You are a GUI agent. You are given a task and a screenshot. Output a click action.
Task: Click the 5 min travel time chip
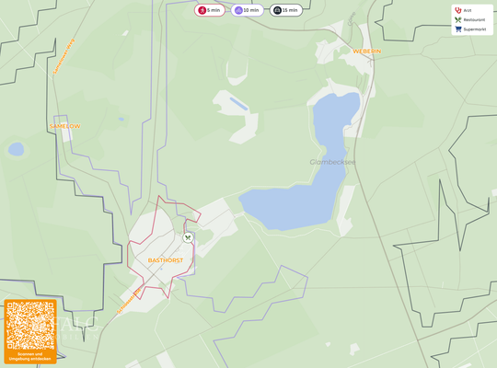coord(209,10)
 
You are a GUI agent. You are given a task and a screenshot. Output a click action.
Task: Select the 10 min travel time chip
coord(248,10)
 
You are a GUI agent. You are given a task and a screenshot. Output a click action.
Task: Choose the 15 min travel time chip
coord(286,10)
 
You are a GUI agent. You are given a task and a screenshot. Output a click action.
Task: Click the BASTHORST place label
coord(166,260)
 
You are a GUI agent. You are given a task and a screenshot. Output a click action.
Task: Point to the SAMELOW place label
coord(64,126)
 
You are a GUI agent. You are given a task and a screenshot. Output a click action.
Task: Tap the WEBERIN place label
coord(366,52)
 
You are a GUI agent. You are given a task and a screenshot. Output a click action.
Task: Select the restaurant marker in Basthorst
coord(188,237)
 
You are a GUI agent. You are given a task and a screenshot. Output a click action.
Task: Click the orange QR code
coord(30,325)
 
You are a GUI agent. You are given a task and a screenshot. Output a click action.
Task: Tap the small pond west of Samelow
coord(17,149)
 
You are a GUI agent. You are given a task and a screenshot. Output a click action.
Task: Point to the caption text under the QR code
coord(30,355)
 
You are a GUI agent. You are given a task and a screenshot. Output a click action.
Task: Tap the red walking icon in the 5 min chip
coord(202,10)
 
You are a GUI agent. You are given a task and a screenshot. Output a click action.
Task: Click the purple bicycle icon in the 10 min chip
coord(238,10)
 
